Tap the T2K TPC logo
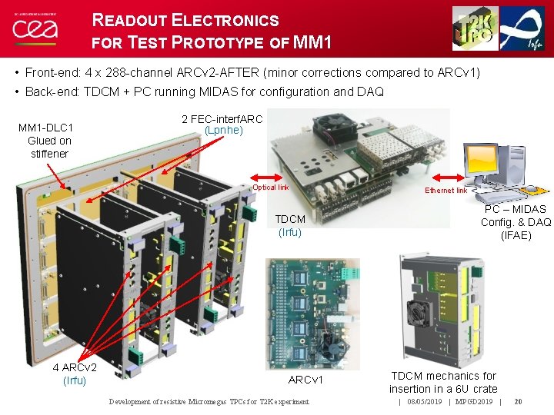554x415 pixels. (475, 28)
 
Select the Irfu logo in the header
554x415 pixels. (524, 28)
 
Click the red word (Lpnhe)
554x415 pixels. (223, 131)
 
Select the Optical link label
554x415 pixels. (271, 188)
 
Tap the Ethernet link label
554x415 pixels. (446, 191)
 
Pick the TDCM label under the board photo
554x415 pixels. (290, 219)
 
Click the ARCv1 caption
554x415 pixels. (305, 380)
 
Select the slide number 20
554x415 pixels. (519, 401)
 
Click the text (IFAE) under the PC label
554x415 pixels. (516, 235)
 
